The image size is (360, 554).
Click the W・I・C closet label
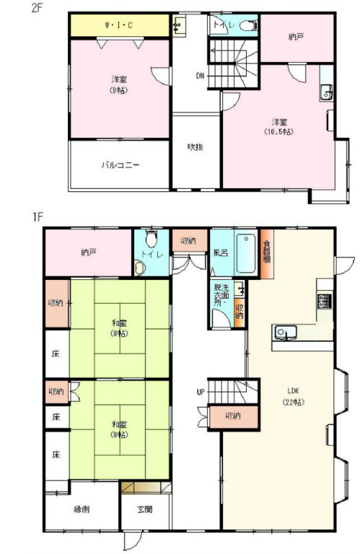click(118, 26)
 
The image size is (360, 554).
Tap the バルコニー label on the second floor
click(120, 164)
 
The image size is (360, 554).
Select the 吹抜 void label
click(196, 147)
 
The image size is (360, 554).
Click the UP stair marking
click(200, 392)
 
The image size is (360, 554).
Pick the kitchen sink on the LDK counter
click(283, 333)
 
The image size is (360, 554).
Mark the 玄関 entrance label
click(146, 509)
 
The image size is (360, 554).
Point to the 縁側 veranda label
click(82, 509)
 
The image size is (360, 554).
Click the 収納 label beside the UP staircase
click(232, 415)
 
